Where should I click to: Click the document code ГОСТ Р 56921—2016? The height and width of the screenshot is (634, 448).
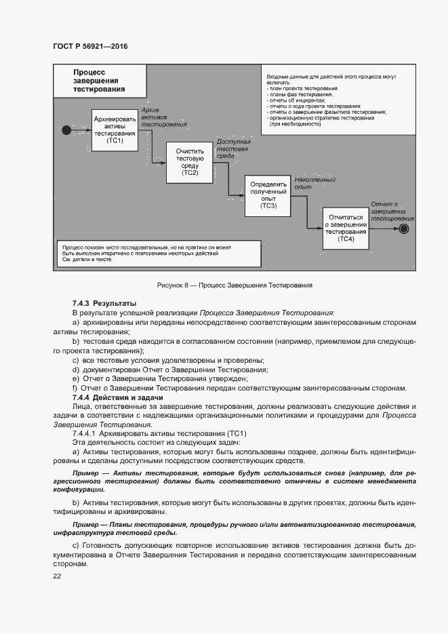[89, 46]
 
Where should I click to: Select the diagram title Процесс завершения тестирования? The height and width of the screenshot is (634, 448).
[100, 80]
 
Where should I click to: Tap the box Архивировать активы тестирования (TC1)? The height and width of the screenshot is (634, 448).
[115, 129]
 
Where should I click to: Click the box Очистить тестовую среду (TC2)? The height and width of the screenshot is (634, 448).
[190, 162]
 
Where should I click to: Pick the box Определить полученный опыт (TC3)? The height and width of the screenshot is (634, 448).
[269, 195]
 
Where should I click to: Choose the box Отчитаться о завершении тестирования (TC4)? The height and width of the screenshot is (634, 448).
[346, 229]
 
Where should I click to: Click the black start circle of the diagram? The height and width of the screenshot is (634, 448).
[66, 129]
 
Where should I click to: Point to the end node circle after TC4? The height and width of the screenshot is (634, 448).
[404, 229]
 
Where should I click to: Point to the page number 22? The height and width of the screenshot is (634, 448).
[57, 576]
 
